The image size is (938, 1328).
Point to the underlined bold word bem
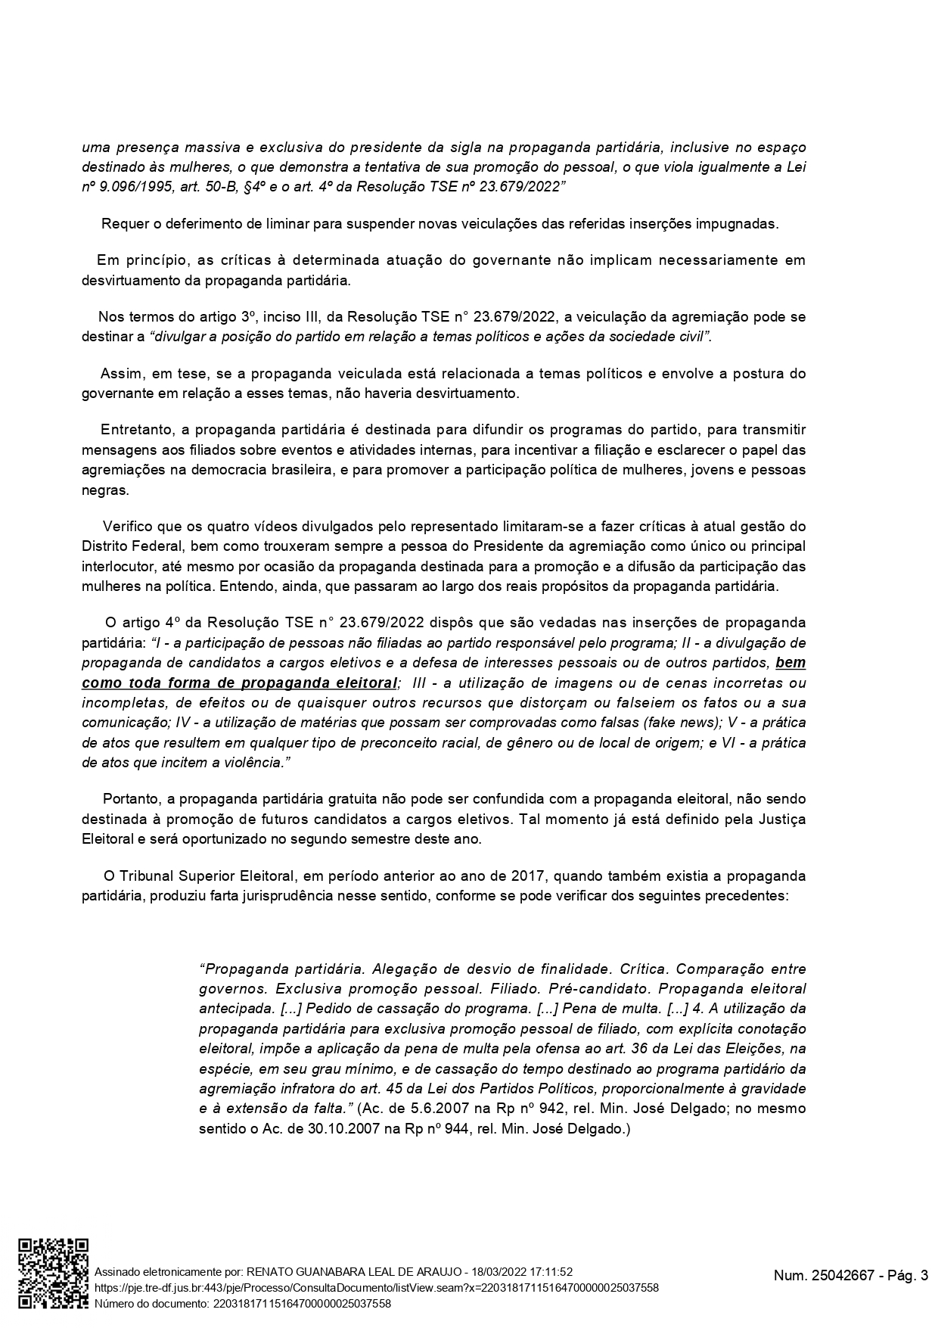click(790, 663)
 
